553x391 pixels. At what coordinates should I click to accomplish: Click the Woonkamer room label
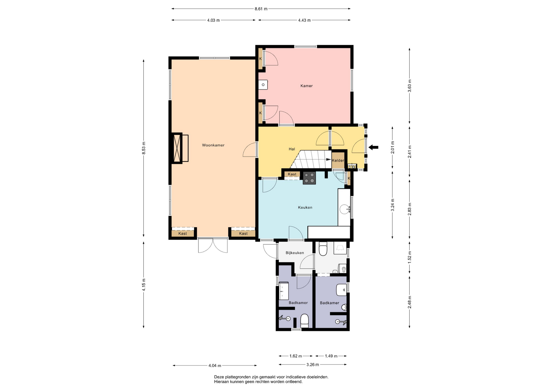point(213,145)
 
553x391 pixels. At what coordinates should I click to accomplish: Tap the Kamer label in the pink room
point(306,86)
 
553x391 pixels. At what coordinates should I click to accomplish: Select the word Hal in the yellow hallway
point(292,149)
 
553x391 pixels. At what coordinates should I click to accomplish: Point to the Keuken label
point(305,207)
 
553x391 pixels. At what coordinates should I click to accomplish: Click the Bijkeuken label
point(295,253)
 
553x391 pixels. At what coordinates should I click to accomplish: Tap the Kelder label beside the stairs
point(338,160)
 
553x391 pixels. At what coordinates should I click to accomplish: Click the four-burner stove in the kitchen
point(309,178)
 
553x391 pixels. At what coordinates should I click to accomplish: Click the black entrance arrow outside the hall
point(374,147)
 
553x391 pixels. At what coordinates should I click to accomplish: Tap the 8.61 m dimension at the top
point(261,9)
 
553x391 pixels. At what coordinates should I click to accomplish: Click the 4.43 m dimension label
point(304,20)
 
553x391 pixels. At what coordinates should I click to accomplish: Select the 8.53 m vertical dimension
point(144,148)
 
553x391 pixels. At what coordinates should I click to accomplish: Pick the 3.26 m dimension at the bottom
point(313,365)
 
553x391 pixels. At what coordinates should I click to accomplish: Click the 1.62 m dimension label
point(296,356)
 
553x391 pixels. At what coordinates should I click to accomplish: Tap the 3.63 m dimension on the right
point(410,86)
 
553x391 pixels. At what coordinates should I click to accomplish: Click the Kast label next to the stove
point(292,174)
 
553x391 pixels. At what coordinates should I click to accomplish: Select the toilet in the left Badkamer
point(304,321)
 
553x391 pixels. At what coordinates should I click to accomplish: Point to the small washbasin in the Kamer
point(263,85)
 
